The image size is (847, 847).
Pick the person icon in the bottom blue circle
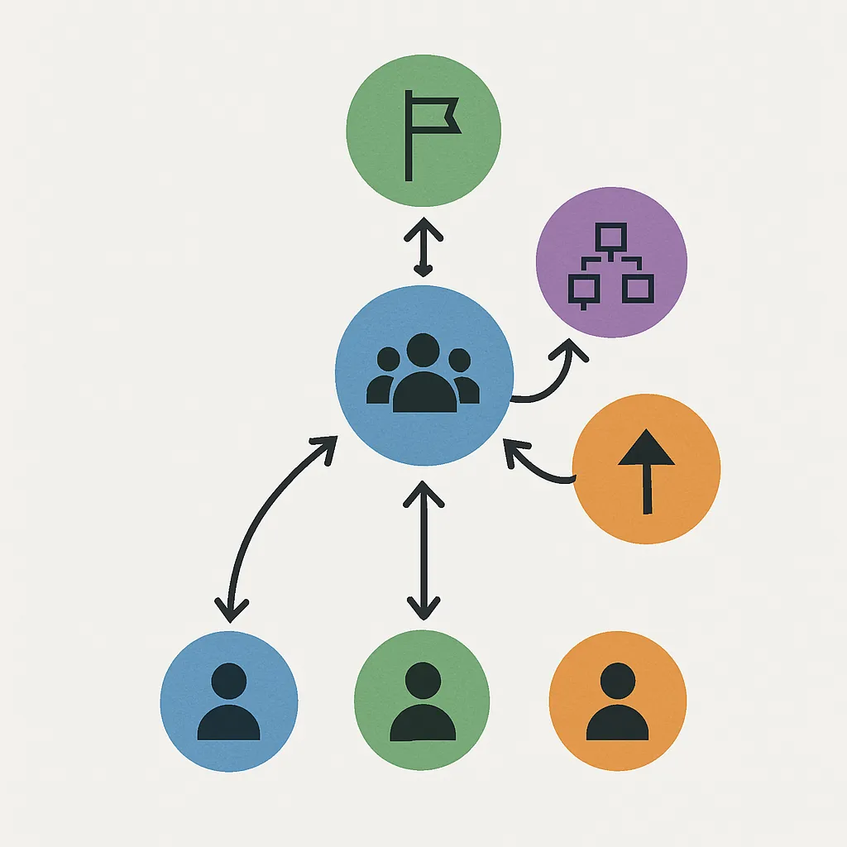point(228,702)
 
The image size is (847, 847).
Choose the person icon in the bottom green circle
point(423,702)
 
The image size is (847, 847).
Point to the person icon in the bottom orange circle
point(617,702)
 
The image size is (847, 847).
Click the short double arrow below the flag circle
point(423,247)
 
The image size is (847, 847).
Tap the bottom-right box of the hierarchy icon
point(639,287)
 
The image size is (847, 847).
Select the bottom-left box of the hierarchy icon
point(584,289)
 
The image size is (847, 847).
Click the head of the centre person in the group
point(423,350)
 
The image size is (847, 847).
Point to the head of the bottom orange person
point(617,681)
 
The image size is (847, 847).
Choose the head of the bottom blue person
point(228,681)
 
